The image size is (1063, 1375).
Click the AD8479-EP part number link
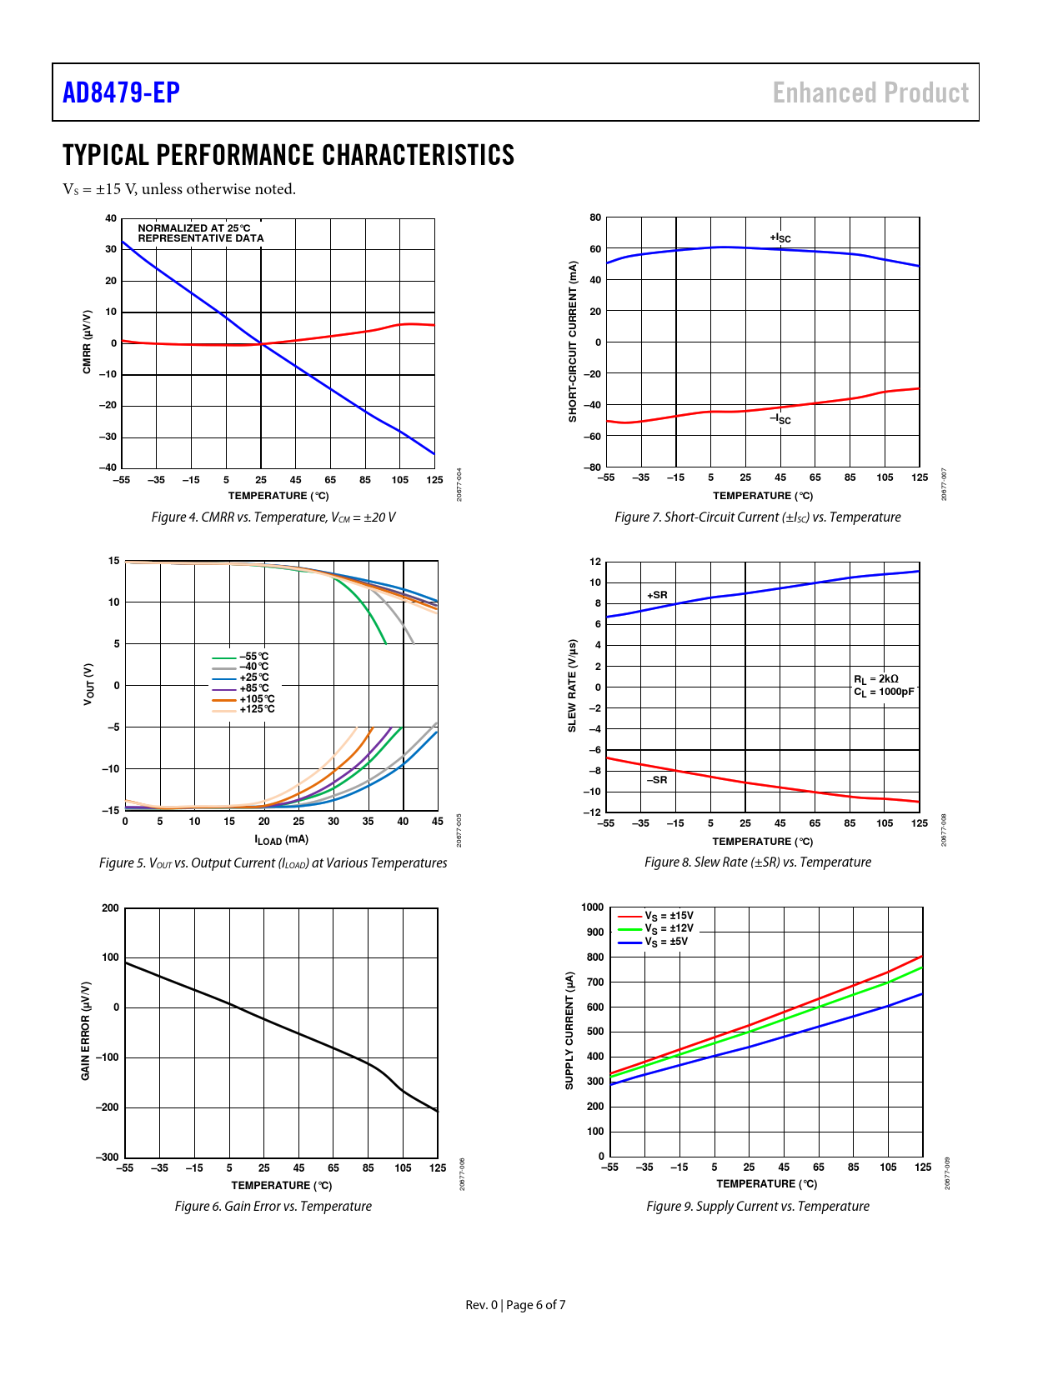(121, 92)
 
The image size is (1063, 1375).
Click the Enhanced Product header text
(870, 92)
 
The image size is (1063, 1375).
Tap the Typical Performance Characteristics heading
(288, 156)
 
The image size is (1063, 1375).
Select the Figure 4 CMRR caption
(273, 517)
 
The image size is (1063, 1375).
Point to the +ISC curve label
(780, 238)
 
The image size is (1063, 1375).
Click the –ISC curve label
(780, 419)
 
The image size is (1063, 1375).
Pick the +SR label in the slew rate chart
(657, 595)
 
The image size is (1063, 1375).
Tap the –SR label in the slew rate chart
(657, 780)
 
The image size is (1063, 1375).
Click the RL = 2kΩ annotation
(876, 679)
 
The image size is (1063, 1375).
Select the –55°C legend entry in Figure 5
(253, 657)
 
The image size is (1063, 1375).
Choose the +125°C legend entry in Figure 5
(257, 709)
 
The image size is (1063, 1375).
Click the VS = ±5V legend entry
(666, 942)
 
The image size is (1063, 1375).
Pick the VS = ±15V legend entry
(669, 916)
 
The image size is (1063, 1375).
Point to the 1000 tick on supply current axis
(593, 907)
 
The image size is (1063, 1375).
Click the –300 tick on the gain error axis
(107, 1157)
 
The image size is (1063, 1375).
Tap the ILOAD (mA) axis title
(282, 840)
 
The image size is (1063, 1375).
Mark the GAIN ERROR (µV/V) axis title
(85, 1032)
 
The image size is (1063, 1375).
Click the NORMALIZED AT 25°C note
(194, 228)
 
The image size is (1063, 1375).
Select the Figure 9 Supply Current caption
(758, 1207)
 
